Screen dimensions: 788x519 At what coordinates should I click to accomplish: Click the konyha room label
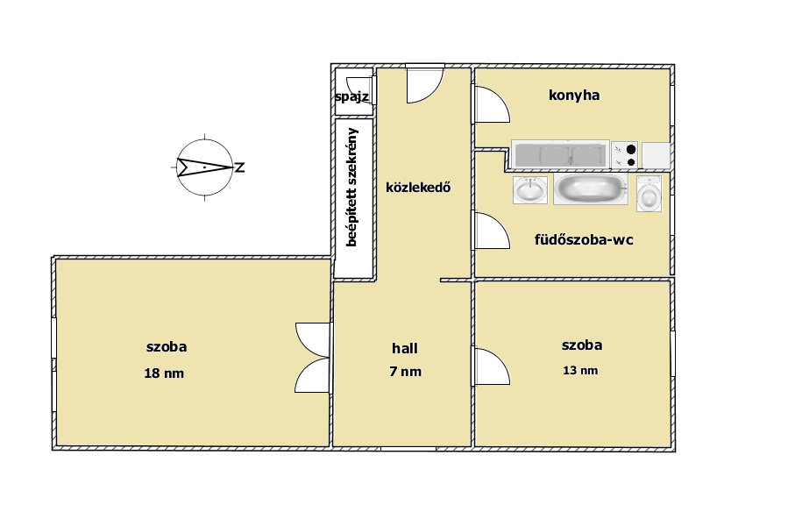coord(574,95)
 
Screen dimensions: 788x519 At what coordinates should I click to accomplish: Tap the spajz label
coord(352,96)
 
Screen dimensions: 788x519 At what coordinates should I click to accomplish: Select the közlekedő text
coord(418,188)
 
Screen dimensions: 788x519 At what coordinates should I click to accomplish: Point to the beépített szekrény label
coord(352,187)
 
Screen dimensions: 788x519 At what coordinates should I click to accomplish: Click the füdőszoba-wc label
coord(584,239)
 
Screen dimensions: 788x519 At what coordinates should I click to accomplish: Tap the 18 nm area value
coord(164,373)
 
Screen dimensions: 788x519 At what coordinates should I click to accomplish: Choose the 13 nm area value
coord(581,371)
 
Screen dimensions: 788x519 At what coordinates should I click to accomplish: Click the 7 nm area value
coord(405,372)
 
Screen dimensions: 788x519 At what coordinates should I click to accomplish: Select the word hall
coord(405,348)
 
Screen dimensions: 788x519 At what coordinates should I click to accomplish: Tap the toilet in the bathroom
coord(650,194)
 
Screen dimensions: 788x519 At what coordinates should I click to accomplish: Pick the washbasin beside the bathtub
coord(530,190)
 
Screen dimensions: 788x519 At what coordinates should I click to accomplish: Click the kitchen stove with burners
coord(625,155)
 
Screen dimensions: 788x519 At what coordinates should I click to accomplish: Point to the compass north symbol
coord(205,167)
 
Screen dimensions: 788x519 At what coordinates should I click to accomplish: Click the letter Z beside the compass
coord(240,167)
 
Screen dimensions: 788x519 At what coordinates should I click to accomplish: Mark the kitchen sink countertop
coord(561,153)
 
